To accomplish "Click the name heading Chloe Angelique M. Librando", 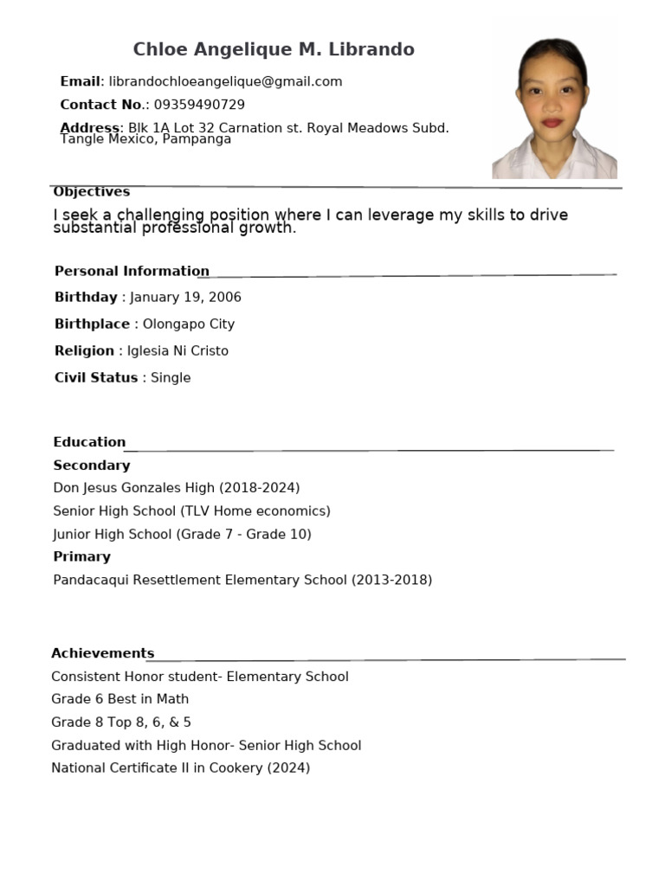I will [x=274, y=49].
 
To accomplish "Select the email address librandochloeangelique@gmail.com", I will [x=225, y=81].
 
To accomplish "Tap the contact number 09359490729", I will [x=199, y=105].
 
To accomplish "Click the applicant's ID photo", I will [x=554, y=108].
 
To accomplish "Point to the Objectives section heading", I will [x=92, y=192].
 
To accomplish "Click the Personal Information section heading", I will [x=132, y=271].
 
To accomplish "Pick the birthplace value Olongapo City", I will [x=189, y=324].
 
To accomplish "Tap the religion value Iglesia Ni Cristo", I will [x=178, y=351].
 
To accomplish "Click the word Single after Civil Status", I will [x=171, y=378].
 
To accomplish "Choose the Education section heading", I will [x=89, y=442].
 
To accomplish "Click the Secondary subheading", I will [x=92, y=465].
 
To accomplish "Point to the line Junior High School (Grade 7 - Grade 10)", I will [x=182, y=535].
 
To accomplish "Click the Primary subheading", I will [x=82, y=557].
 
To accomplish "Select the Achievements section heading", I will [x=102, y=653].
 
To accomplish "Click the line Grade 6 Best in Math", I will [x=119, y=699].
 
